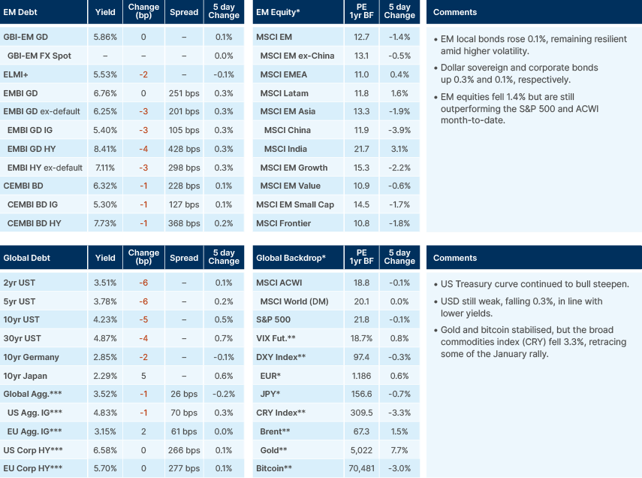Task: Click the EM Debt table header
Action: coord(22,13)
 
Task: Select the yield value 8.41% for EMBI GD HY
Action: coord(105,149)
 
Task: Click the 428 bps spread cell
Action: coord(184,149)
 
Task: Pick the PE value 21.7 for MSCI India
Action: coord(361,149)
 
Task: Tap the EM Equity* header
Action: coord(278,13)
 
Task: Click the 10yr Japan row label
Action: coord(26,377)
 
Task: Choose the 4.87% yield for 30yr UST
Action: coord(105,339)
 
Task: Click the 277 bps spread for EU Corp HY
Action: coord(184,469)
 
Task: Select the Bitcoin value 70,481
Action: coord(361,469)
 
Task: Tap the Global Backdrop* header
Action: coord(291,258)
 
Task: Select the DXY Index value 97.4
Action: coord(361,358)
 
